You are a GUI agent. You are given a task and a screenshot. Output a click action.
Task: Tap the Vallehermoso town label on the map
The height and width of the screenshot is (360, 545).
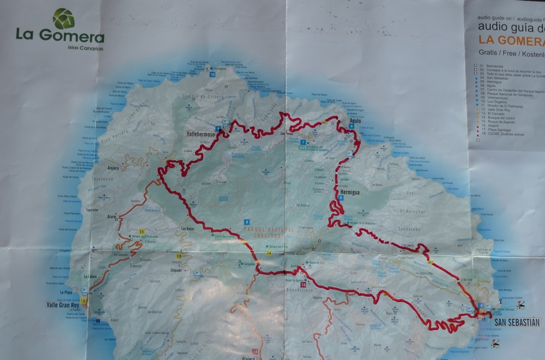pos(197,133)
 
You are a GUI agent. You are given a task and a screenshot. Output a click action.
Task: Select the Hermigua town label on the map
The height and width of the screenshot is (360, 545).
pos(350,192)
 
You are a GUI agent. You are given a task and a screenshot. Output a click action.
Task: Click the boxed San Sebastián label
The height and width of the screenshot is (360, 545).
pos(517,322)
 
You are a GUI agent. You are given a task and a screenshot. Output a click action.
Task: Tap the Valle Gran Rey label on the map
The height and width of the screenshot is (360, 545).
pos(63,305)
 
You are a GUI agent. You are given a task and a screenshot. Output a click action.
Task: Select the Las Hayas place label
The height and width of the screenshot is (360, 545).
pos(187,229)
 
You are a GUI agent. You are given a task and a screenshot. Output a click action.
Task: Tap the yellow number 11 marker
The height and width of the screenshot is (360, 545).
pos(142,232)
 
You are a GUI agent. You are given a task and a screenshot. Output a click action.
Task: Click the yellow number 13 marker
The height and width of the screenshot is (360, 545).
pos(179,256)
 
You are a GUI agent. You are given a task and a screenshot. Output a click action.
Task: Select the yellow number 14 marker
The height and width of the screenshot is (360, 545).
pos(269,253)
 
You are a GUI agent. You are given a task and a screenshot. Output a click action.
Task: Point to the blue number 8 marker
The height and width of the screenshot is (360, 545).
pos(247,222)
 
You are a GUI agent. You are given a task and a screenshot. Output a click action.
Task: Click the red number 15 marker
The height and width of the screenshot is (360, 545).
pos(303,284)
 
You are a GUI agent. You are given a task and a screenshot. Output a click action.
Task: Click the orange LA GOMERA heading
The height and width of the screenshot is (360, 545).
pos(511,40)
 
